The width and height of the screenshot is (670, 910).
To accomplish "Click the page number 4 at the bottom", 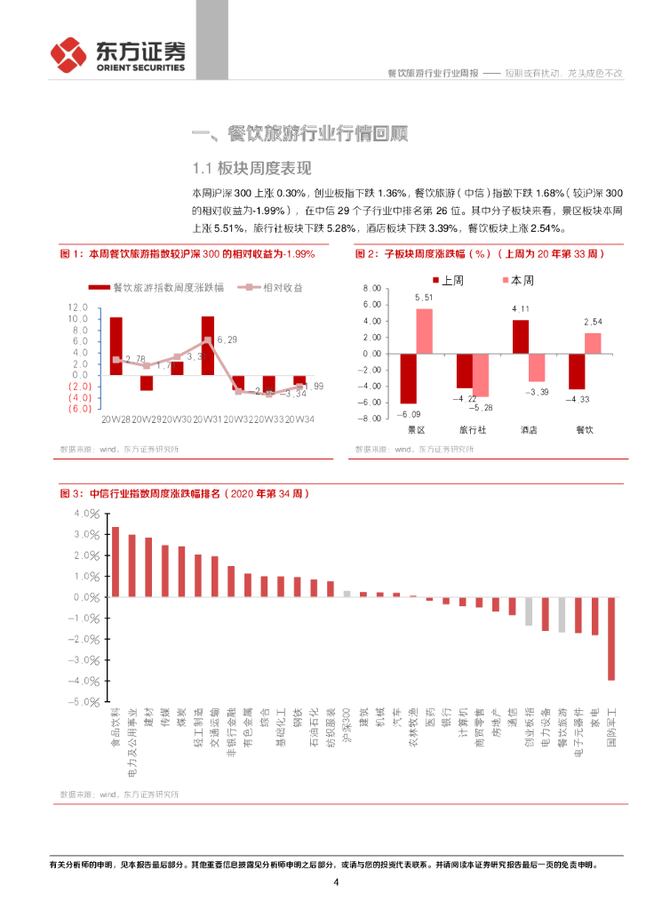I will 336,882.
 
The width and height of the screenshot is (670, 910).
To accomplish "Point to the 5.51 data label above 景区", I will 424,298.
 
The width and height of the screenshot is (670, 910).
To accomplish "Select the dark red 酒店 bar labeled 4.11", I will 520,337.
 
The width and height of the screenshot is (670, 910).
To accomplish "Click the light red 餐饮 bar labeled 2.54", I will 593,343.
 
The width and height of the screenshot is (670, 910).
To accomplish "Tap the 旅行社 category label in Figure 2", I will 472,429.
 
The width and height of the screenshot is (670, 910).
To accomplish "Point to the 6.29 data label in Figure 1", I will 227,339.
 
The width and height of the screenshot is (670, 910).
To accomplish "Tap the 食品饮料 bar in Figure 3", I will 115,562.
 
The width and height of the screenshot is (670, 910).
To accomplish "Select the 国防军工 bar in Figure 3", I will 611,639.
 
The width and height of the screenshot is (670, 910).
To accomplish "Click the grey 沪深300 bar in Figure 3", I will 347,594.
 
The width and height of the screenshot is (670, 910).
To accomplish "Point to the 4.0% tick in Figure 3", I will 89,514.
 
